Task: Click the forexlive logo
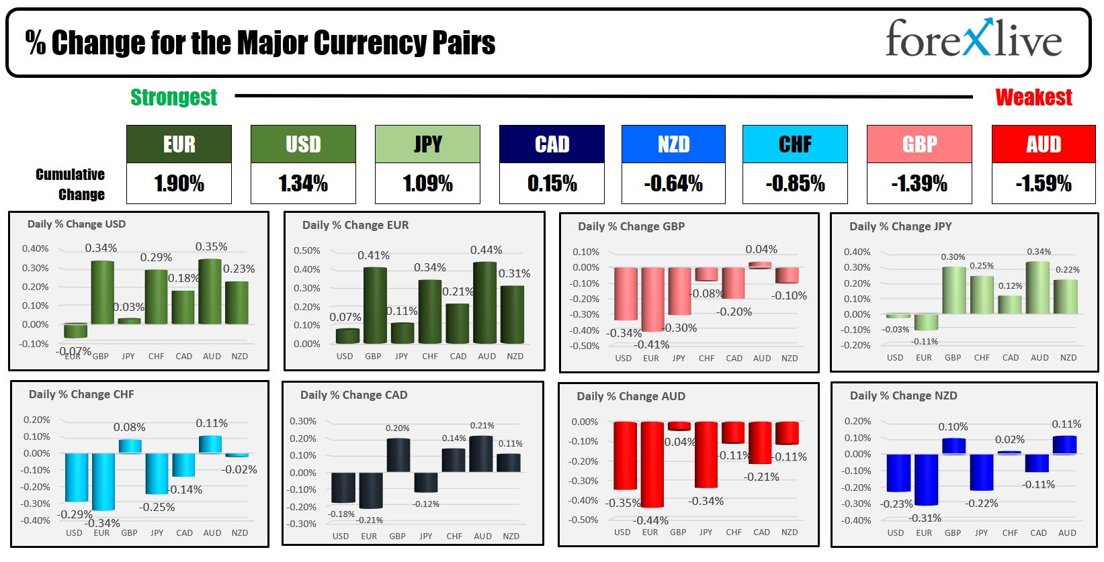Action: (x=973, y=38)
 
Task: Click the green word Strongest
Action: (x=173, y=97)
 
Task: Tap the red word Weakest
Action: (x=1033, y=97)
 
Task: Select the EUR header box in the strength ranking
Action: (x=179, y=144)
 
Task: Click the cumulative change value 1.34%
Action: (x=303, y=183)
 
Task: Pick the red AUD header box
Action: (x=1043, y=144)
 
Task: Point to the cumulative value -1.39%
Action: (x=919, y=183)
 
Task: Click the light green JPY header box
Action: (x=427, y=144)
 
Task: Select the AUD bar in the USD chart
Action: (x=210, y=291)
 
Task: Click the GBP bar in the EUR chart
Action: (x=375, y=306)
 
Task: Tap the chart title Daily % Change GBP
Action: (x=631, y=226)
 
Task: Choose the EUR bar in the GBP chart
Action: (x=652, y=299)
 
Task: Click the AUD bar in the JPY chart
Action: (x=1037, y=287)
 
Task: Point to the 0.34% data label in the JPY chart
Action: (x=1039, y=252)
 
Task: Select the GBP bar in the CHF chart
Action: (x=130, y=446)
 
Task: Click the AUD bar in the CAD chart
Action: (x=480, y=454)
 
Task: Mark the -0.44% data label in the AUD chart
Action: (x=650, y=520)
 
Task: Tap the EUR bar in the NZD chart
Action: (x=926, y=479)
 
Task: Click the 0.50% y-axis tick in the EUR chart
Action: (x=307, y=250)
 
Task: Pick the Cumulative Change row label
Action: (x=71, y=184)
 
